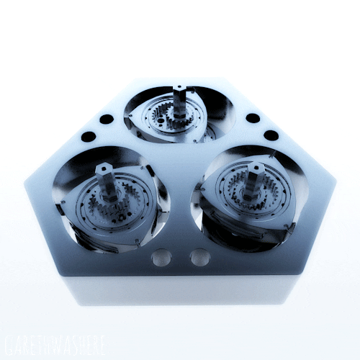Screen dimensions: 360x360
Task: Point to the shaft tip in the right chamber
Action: click(253, 167)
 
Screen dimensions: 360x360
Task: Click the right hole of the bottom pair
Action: click(199, 257)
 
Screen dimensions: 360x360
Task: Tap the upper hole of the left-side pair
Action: click(106, 120)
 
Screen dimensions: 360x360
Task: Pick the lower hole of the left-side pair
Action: click(89, 135)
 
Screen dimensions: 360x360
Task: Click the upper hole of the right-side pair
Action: click(253, 118)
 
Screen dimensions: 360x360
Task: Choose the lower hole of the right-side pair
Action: click(271, 135)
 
